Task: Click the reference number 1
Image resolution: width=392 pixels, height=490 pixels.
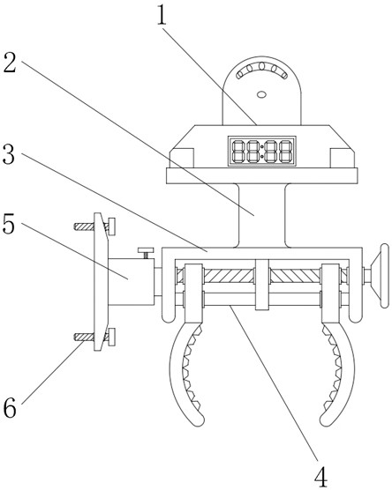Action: (162, 15)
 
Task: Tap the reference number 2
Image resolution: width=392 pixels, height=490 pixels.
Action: (10, 63)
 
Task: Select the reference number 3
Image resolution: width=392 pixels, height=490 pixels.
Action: (9, 154)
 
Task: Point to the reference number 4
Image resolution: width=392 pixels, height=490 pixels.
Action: (320, 476)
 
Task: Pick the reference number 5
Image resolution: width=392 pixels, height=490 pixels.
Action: (9, 224)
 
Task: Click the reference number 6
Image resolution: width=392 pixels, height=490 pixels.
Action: (10, 408)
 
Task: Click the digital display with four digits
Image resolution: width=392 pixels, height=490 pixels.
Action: (261, 151)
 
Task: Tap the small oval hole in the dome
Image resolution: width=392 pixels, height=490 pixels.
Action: (261, 94)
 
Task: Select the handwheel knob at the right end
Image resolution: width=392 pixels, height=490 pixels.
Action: (381, 276)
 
